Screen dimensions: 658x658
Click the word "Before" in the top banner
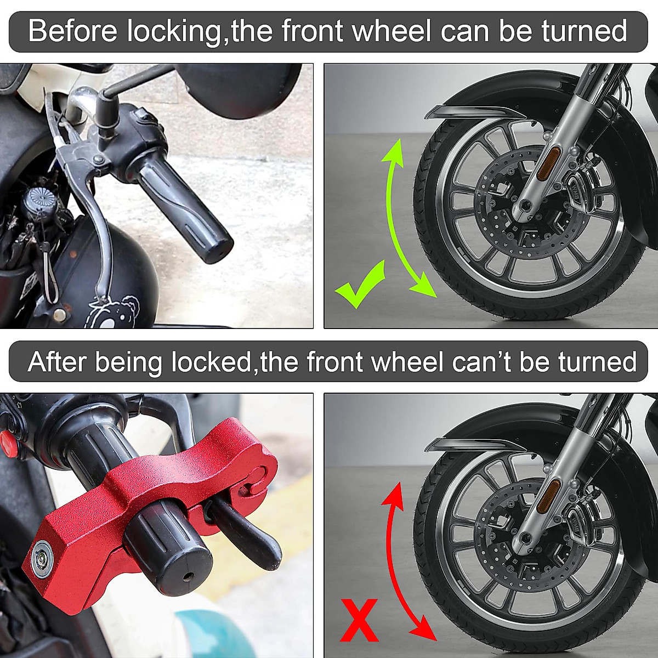(72, 31)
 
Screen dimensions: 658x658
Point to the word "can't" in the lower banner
(483, 362)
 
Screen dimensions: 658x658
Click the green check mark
(359, 285)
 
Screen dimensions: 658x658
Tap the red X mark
(359, 620)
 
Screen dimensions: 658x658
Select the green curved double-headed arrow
(405, 219)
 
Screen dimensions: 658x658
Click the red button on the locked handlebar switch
(8, 440)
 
